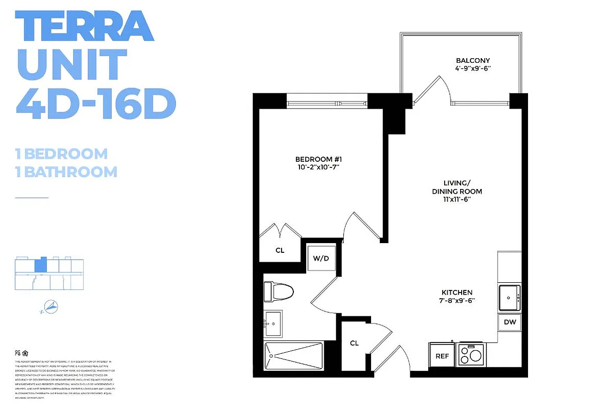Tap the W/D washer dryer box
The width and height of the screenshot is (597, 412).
321,258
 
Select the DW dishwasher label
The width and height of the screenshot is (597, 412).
510,322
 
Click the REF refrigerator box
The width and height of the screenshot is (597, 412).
442,356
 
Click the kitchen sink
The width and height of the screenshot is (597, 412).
509,297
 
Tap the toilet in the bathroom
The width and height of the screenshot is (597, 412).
278,292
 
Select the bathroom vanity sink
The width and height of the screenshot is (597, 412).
273,323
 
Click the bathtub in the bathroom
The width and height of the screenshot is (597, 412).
293,356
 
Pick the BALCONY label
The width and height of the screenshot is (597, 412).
472,60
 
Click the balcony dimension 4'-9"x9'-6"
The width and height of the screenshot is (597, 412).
472,68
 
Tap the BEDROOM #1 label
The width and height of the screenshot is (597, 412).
318,159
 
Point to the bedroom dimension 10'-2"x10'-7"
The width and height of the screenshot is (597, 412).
318,167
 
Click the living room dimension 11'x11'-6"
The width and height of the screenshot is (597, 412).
456,200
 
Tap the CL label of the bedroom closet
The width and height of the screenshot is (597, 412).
279,251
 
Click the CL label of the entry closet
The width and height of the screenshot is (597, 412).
355,343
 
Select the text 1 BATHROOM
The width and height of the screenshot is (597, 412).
66,171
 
